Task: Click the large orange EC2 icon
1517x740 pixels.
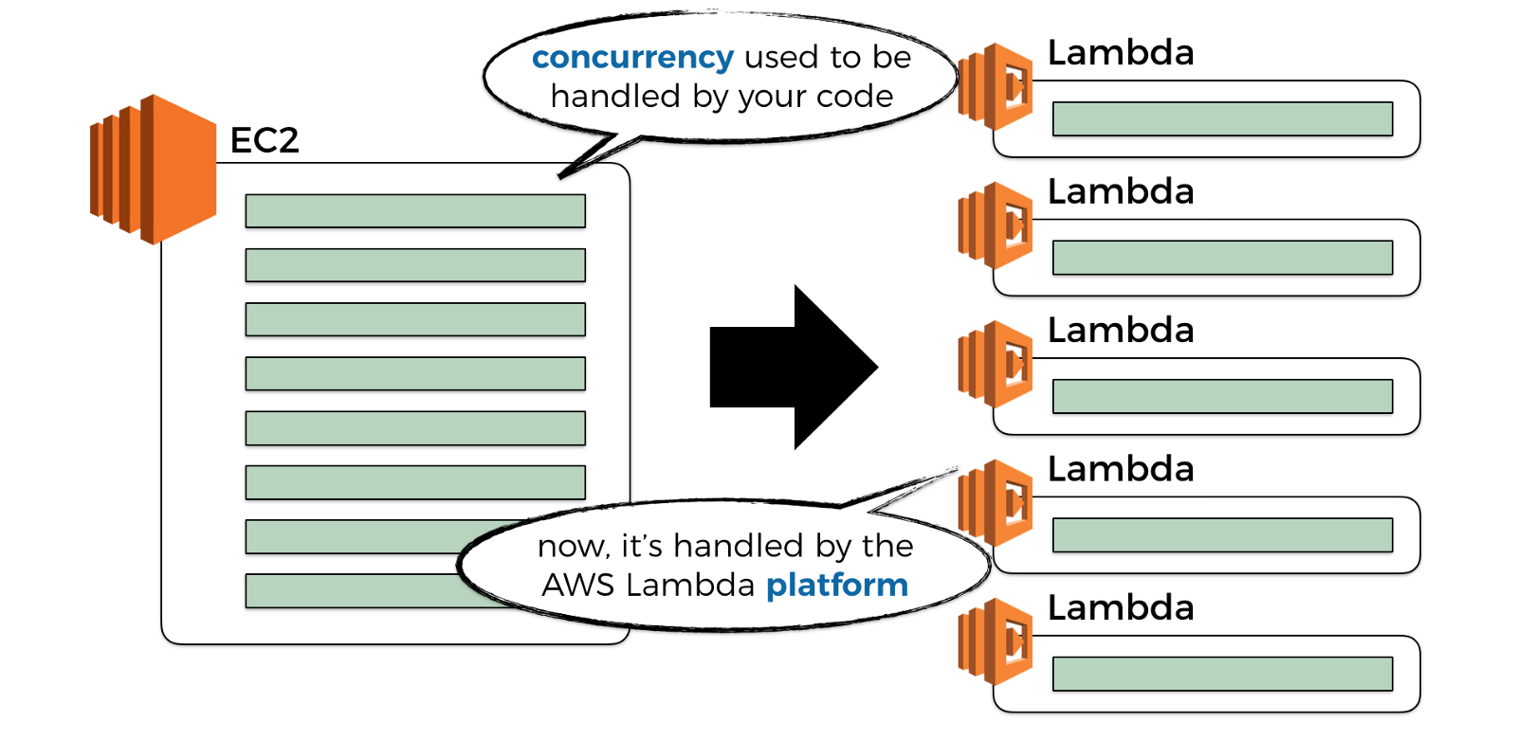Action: pos(153,169)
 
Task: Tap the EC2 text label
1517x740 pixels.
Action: pos(265,140)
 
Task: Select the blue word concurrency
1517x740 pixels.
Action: pos(632,58)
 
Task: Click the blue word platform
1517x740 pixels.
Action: pos(837,585)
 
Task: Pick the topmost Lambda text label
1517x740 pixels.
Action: pos(1121,53)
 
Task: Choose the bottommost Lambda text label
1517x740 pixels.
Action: pos(1121,608)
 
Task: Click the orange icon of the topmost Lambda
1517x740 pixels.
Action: pos(996,86)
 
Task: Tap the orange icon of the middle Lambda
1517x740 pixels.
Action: pos(996,364)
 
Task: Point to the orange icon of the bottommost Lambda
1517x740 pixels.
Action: pos(996,641)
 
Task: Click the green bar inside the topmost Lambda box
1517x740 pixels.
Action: pos(1222,119)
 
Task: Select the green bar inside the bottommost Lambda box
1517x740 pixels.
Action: pos(1222,674)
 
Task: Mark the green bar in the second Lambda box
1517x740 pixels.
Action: pos(1222,258)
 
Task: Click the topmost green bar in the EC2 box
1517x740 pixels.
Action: pos(415,211)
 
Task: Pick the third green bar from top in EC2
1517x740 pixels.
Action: pos(415,319)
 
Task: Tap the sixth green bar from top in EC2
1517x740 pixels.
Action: pos(415,482)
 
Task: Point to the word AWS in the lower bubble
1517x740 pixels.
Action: pos(578,586)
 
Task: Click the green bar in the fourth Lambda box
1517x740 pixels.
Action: pos(1222,535)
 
